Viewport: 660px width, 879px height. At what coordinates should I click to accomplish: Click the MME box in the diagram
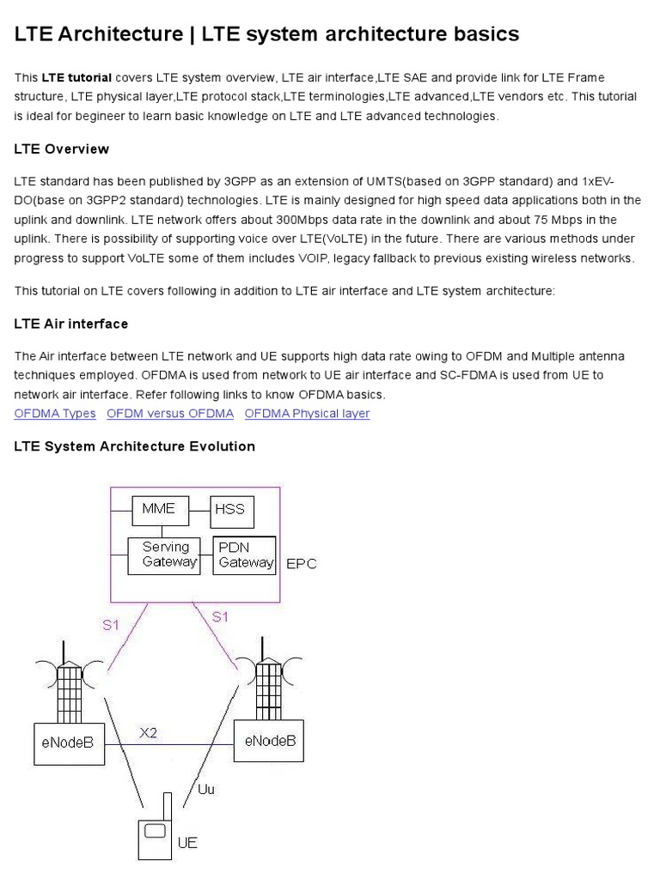coord(158,510)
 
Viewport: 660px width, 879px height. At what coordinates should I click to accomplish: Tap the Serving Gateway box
coord(163,555)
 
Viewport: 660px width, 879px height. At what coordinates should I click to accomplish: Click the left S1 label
coord(111,625)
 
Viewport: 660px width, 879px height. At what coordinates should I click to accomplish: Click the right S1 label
coord(221,615)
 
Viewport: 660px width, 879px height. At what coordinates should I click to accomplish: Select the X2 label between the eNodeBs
coord(149,732)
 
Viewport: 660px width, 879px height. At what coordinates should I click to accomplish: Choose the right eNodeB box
coord(269,741)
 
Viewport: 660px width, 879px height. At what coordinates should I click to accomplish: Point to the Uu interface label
coord(206,789)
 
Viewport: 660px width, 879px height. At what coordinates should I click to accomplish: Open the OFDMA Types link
coord(55,414)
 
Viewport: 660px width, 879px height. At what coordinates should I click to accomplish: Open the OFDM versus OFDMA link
coord(170,414)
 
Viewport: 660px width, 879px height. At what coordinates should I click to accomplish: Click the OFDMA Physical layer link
coord(307,414)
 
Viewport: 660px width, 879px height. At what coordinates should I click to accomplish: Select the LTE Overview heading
coord(62,149)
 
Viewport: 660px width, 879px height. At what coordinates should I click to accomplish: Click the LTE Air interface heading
coord(71,324)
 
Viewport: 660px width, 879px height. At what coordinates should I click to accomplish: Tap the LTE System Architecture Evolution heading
coord(135,446)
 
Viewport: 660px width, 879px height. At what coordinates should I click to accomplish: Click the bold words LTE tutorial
coord(76,77)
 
